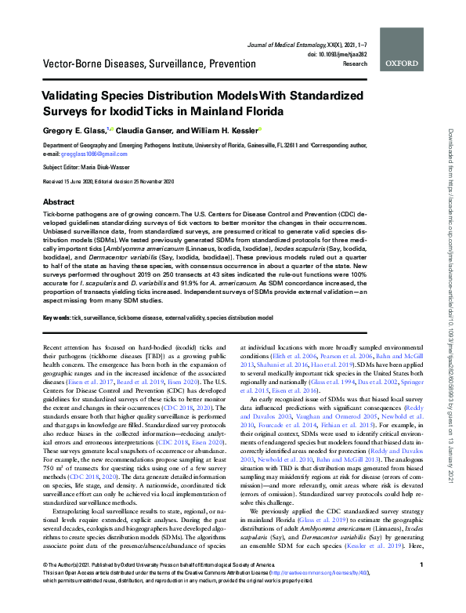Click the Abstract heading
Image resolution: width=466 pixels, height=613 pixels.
point(60,201)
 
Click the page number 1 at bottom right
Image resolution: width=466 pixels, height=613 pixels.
point(421,586)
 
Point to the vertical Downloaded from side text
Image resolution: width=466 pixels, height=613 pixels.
point(453,282)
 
